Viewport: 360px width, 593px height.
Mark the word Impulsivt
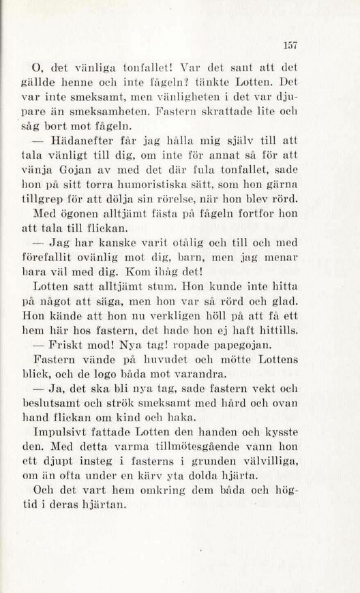pyautogui.click(x=66, y=434)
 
